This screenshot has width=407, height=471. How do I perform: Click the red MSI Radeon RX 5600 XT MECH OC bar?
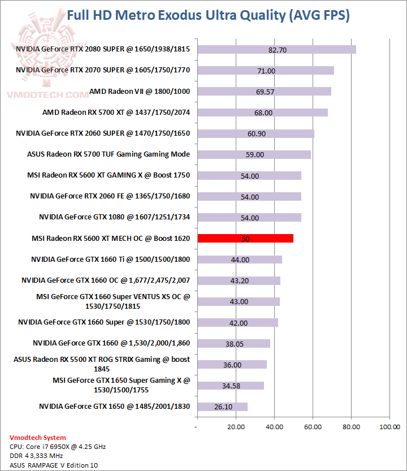(245, 239)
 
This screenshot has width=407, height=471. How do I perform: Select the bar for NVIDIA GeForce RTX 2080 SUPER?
(276, 50)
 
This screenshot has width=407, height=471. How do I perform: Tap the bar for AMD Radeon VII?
(264, 92)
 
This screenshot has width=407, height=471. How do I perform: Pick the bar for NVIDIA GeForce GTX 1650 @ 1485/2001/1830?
(222, 407)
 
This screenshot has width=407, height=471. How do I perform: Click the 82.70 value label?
(278, 50)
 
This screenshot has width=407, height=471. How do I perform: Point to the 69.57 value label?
(265, 92)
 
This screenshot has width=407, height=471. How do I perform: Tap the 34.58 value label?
(231, 386)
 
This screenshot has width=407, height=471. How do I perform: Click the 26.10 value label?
(223, 407)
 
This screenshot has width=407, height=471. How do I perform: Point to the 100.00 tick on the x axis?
(389, 427)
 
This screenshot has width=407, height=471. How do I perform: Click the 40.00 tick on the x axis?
(274, 427)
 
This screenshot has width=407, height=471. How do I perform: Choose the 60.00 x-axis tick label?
(313, 427)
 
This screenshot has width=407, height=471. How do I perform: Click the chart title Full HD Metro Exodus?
(208, 15)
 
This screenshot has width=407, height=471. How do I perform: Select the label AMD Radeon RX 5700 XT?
(116, 113)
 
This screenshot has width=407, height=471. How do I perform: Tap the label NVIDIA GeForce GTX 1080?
(114, 217)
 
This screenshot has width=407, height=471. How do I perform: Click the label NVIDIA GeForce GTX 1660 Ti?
(110, 260)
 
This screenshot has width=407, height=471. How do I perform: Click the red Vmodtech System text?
(38, 438)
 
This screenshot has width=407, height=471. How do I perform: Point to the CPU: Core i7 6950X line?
(58, 447)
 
